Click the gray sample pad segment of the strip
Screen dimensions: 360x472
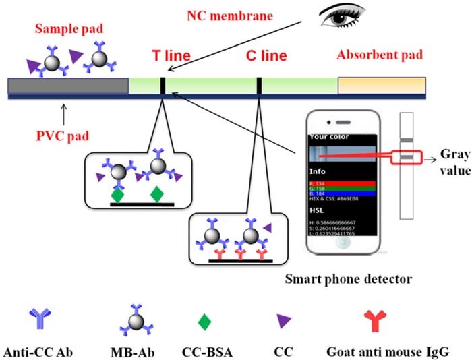pos(67,86)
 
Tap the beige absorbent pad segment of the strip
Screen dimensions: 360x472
pos(382,86)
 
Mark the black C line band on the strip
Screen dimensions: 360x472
pos(259,86)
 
